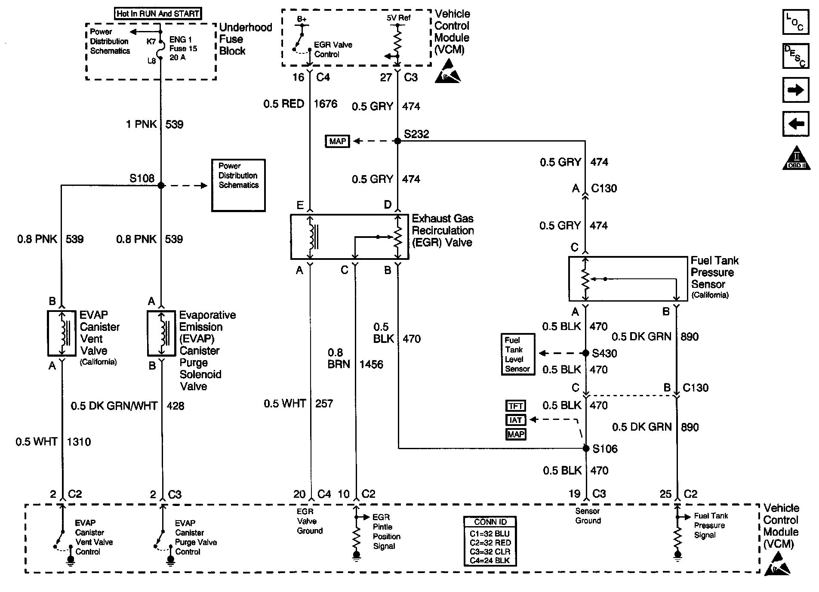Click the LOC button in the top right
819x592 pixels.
tap(795, 22)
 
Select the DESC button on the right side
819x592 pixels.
tap(795, 56)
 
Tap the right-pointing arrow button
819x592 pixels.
tap(795, 90)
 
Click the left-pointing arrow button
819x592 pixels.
tap(795, 124)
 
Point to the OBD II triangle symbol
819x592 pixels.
tap(796, 158)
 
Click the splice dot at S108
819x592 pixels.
tap(161, 185)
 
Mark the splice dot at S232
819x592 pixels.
tap(397, 141)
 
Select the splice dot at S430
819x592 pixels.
tap(585, 353)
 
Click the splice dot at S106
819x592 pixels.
tap(586, 448)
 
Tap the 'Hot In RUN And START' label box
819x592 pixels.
tap(158, 14)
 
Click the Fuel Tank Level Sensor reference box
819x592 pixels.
tap(518, 355)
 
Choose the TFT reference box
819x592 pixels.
tap(515, 406)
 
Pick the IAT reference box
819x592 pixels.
tap(515, 420)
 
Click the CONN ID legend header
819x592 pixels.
tap(490, 522)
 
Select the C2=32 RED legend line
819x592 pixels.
tap(490, 542)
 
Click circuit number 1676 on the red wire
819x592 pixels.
tap(326, 104)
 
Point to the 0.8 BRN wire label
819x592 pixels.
tap(338, 358)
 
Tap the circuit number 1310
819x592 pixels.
tap(79, 442)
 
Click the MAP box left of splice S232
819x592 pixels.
tap(338, 141)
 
